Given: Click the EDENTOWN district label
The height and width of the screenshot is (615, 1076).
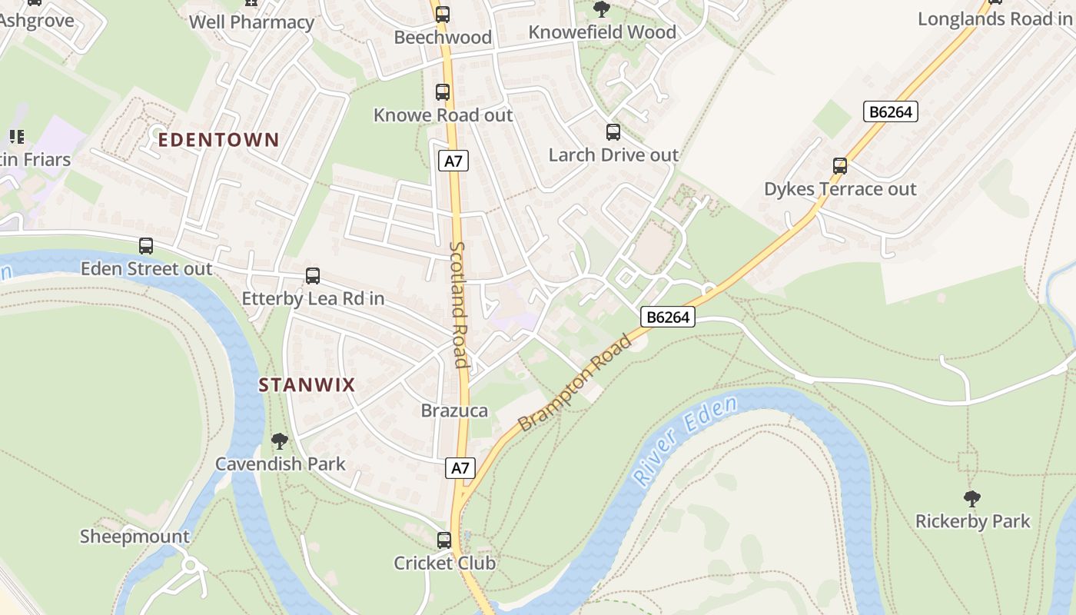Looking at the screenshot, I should point(218,140).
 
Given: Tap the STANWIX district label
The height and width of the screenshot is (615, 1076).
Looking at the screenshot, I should point(307,385).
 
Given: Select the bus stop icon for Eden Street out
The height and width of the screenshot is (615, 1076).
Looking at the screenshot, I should point(146,246).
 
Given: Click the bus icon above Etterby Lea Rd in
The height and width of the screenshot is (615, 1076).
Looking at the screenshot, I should point(313,275).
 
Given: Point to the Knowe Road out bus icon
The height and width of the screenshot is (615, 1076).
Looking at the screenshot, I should point(443,92).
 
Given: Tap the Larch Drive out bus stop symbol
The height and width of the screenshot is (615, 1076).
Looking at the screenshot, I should point(613,131).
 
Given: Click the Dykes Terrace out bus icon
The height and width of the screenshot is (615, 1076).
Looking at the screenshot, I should point(840,165).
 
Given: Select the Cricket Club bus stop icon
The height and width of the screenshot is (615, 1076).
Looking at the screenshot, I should point(444,540).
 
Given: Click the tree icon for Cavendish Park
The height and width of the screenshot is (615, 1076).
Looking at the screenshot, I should point(280,441).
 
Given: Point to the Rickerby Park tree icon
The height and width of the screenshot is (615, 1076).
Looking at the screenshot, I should point(972,498).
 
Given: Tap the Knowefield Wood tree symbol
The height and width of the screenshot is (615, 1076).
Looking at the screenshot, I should point(602,9).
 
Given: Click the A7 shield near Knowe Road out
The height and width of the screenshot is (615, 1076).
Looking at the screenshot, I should point(453,161).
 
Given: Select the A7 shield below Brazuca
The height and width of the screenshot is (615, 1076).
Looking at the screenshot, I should point(460,467).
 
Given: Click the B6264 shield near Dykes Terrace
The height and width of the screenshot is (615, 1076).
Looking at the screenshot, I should point(890,111).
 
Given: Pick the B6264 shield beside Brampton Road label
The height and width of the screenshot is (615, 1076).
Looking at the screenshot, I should point(668,316).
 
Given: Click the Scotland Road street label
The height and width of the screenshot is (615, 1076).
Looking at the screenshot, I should point(459,305).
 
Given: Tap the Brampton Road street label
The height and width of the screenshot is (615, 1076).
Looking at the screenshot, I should point(574,383).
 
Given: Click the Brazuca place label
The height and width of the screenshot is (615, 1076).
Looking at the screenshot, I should point(454,411).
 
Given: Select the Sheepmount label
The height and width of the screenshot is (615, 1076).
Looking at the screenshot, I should point(134,537).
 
